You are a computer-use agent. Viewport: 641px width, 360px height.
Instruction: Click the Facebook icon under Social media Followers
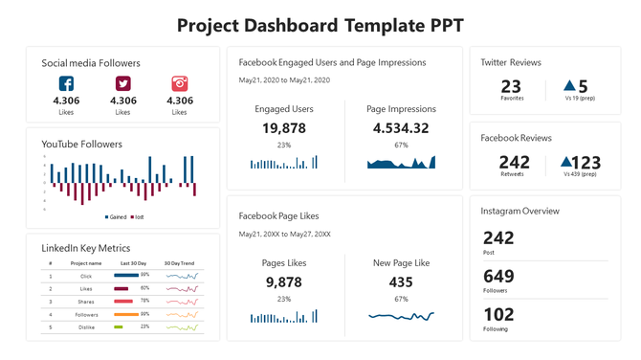[x=66, y=84]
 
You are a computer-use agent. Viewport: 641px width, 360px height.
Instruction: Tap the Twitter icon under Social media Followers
[x=122, y=84]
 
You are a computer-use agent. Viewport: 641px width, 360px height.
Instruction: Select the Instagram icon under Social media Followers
[x=180, y=84]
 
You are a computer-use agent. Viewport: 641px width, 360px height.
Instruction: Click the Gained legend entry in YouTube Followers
[x=116, y=217]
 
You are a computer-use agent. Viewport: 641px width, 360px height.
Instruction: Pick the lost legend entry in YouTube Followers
[x=138, y=217]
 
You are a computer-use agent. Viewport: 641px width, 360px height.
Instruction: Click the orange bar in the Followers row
[x=126, y=314]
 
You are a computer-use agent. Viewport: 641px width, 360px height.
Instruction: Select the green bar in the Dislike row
[x=119, y=326]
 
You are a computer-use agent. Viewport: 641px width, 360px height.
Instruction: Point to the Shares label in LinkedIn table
[x=86, y=301]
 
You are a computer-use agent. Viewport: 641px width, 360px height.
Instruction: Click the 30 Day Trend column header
[x=179, y=262]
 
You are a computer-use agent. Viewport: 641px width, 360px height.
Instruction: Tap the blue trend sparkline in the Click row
[x=181, y=276]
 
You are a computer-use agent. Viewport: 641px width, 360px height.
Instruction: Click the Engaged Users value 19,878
[x=283, y=128]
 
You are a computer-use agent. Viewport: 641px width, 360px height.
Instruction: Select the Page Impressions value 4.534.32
[x=401, y=128]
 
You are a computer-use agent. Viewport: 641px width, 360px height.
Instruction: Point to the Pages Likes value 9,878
[x=283, y=281]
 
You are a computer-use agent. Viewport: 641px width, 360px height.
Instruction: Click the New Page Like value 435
[x=401, y=281]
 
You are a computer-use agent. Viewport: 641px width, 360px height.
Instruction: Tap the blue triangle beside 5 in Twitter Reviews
[x=569, y=86]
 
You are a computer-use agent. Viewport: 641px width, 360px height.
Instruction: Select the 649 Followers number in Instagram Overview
[x=497, y=276]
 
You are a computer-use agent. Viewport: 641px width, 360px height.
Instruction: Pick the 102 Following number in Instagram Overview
[x=497, y=313]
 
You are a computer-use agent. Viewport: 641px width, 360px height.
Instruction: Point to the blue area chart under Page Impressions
[x=401, y=164]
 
